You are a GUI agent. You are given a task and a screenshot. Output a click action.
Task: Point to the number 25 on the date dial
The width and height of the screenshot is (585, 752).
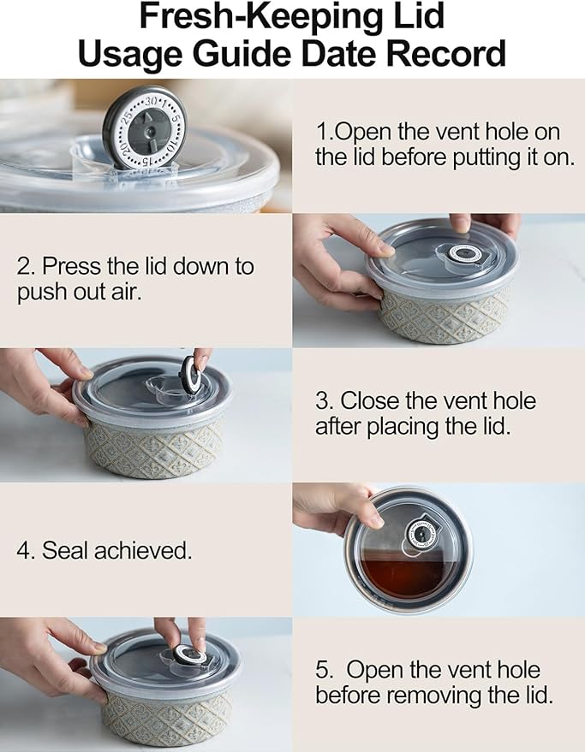coord(126,116)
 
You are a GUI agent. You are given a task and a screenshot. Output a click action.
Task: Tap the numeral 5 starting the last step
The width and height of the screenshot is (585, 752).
coord(322,670)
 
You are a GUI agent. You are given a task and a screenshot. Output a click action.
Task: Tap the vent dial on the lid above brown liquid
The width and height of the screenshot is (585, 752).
coord(421,532)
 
